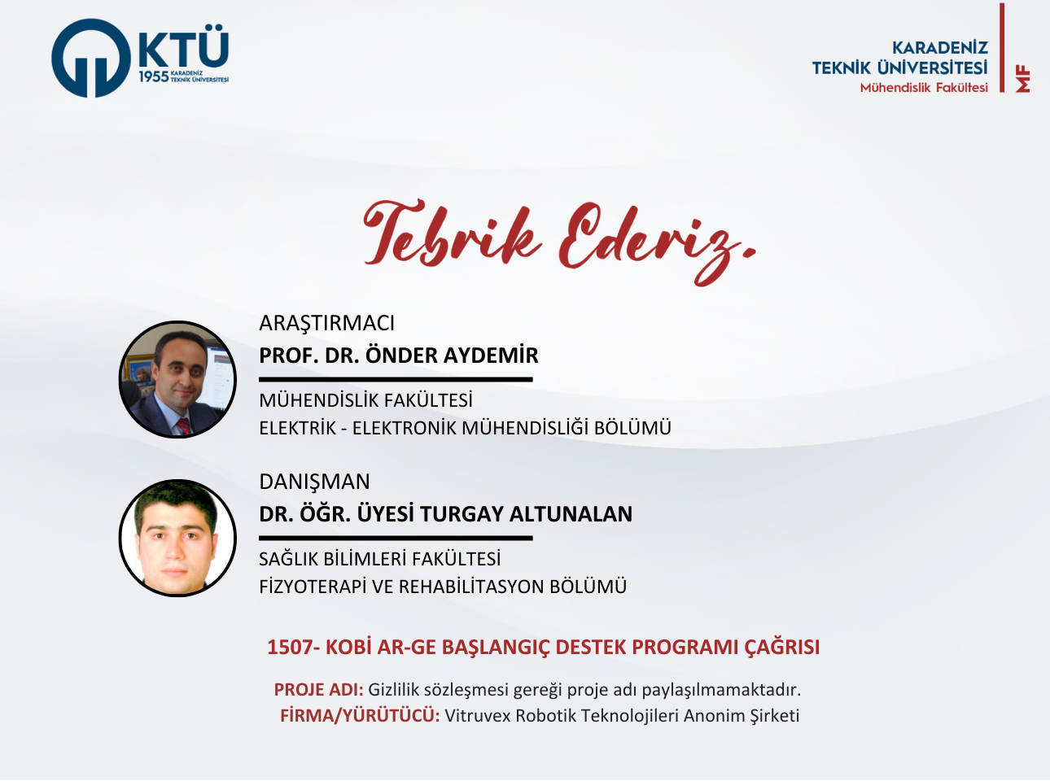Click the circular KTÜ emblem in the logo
click(x=91, y=59)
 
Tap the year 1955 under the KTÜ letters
click(x=153, y=76)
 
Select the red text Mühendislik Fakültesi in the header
click(x=924, y=88)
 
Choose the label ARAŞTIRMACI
click(x=326, y=323)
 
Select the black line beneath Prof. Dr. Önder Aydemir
click(x=396, y=379)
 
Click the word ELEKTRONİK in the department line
click(x=404, y=428)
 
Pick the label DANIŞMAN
click(x=314, y=482)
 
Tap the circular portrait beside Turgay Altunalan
click(x=177, y=538)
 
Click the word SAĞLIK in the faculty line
click(x=288, y=559)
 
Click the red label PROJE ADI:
click(x=318, y=690)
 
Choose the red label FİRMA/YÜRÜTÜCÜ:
click(x=360, y=716)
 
